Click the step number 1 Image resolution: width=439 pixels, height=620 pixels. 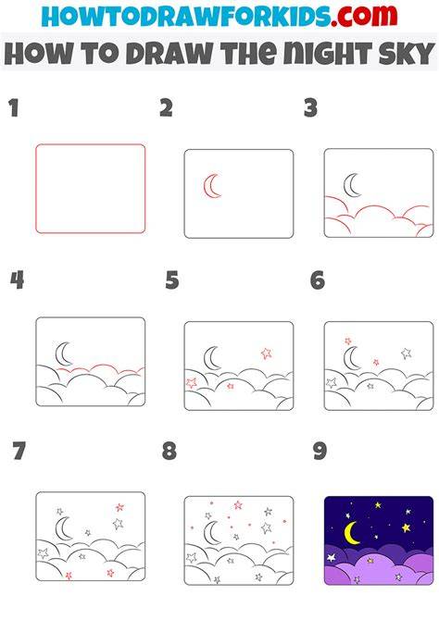(x=14, y=108)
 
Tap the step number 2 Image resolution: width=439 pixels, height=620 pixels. (x=167, y=108)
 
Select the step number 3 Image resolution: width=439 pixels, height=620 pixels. (x=311, y=108)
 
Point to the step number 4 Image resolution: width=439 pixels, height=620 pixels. (x=17, y=280)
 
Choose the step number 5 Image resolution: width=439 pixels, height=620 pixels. (x=172, y=280)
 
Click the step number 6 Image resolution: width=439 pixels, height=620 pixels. (x=318, y=280)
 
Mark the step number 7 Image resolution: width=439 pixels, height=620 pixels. (x=19, y=451)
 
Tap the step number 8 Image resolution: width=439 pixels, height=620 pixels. (x=169, y=451)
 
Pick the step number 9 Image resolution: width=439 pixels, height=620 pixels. (x=320, y=451)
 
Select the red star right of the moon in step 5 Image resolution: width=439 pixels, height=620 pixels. (x=267, y=353)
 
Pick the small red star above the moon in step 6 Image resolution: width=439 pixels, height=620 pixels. (x=347, y=341)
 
